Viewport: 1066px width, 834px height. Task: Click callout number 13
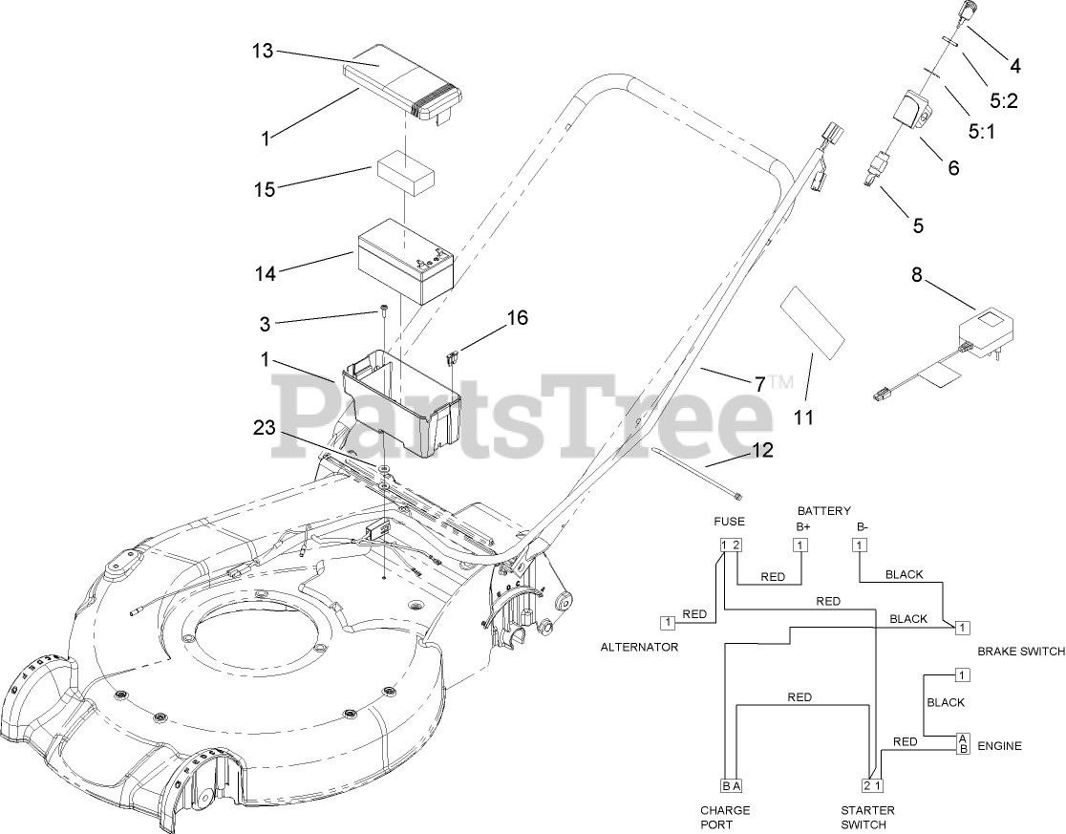point(263,51)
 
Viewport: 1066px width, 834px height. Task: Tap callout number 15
point(264,189)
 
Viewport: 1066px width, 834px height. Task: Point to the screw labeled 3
point(382,310)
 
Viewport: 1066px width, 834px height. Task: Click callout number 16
point(517,318)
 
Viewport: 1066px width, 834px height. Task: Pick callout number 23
point(264,429)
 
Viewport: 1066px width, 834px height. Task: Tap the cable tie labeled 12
point(696,468)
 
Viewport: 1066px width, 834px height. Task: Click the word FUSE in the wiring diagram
point(730,521)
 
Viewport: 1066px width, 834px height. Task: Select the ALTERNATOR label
point(639,647)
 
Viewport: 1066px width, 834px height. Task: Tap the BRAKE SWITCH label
point(1021,651)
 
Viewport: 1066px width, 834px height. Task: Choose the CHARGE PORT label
point(725,818)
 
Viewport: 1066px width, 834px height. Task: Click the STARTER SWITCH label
point(867,818)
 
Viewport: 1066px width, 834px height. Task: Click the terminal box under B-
point(860,545)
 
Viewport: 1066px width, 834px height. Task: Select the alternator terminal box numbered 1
point(667,622)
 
